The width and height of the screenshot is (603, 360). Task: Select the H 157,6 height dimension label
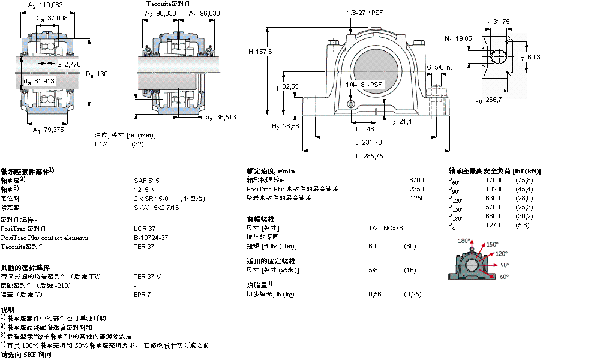pos(260,52)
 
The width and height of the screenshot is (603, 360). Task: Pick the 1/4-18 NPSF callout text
pos(364,85)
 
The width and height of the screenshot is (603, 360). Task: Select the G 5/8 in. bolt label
pos(439,67)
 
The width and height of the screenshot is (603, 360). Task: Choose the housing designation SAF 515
pos(146,180)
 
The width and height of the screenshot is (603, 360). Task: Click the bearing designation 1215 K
pos(145,189)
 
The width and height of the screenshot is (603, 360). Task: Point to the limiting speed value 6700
pos(416,180)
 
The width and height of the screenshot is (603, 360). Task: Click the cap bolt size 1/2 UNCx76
pos(385,228)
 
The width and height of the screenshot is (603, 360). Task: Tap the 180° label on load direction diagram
pos(464,241)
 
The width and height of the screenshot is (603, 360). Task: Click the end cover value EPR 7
pos(142,295)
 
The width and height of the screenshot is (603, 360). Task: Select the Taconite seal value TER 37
pos(144,247)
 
